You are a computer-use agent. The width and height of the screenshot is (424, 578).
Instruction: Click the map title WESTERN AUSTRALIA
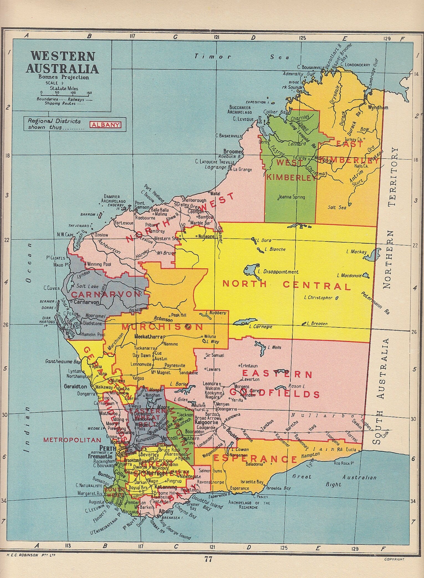point(62,62)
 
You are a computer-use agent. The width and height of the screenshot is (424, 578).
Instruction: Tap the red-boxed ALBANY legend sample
point(106,125)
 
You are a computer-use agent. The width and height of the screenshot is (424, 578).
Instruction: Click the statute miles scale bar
point(66,93)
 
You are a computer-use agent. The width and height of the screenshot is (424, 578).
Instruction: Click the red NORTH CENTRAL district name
point(287,285)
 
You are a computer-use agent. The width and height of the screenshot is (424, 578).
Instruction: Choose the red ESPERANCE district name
point(255,459)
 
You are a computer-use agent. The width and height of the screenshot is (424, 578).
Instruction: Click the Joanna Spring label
point(292,197)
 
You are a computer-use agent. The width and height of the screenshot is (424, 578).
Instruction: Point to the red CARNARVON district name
point(105,294)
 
